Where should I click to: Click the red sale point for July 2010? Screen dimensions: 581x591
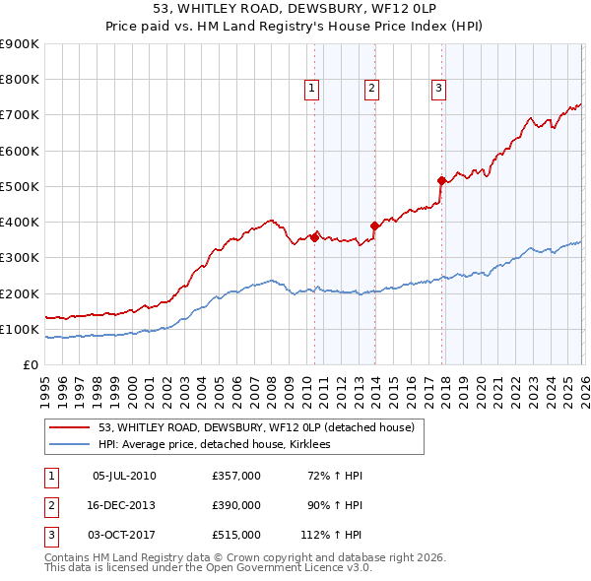pos(314,236)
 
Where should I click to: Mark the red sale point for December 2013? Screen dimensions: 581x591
pos(374,226)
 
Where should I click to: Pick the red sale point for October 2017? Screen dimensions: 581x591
pos(441,180)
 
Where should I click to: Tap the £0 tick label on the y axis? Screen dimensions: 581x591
pos(32,364)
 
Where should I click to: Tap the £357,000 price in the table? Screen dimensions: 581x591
pos(236,476)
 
